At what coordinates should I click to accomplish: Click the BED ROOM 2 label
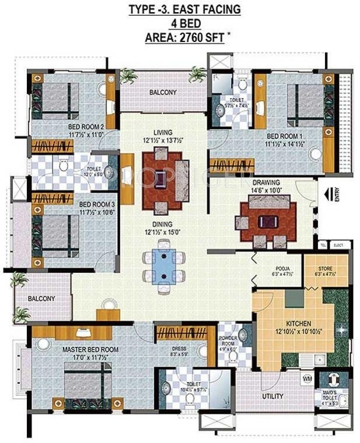86,127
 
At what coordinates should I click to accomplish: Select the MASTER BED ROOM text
90,349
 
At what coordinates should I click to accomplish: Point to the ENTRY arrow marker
329,193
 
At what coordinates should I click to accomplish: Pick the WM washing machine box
307,379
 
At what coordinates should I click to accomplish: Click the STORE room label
325,269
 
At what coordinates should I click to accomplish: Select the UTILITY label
273,397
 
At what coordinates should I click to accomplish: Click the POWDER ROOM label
227,338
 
